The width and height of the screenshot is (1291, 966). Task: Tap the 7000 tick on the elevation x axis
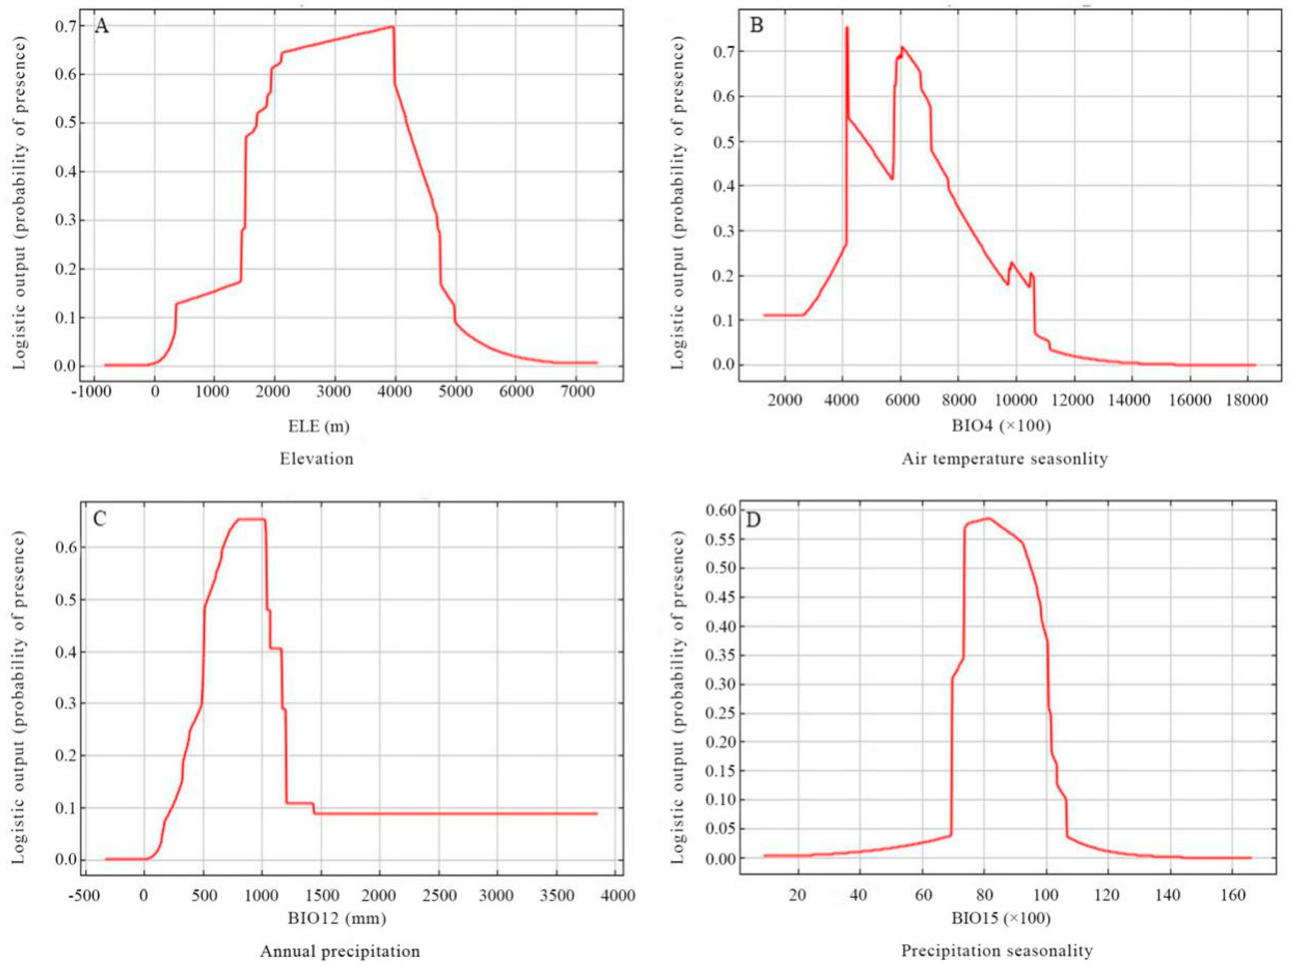(x=576, y=391)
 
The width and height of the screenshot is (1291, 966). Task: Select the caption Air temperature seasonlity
(x=1004, y=459)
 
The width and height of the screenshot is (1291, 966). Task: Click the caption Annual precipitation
(x=340, y=951)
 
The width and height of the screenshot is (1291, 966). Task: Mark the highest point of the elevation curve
(x=393, y=27)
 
